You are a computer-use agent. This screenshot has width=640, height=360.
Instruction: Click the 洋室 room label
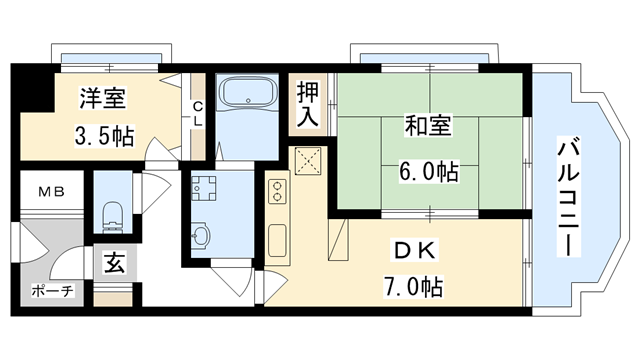pyautogui.click(x=104, y=99)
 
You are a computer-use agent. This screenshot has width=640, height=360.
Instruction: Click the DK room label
pyautogui.click(x=413, y=250)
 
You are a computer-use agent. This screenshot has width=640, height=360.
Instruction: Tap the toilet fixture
pyautogui.click(x=113, y=210)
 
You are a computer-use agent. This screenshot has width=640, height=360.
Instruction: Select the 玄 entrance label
pyautogui.click(x=114, y=265)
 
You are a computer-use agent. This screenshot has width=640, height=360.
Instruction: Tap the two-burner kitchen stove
pyautogui.click(x=277, y=191)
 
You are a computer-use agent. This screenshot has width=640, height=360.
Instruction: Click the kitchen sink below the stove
pyautogui.click(x=277, y=241)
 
